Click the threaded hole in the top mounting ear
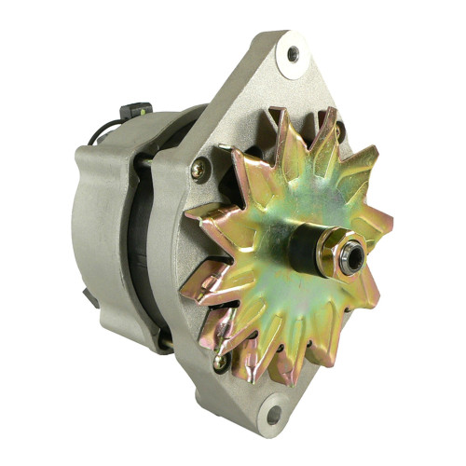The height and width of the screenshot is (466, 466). (x=294, y=55)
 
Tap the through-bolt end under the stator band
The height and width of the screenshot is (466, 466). (x=166, y=342)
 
